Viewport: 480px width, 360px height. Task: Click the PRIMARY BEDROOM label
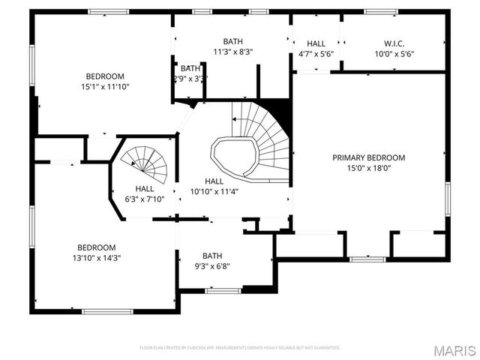368,157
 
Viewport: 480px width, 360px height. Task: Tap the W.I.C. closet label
394,43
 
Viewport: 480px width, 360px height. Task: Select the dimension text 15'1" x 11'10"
104,86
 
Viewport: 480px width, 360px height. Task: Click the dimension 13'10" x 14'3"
96,258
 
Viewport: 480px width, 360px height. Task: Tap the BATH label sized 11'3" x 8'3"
232,41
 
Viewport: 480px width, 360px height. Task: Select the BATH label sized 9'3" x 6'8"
212,255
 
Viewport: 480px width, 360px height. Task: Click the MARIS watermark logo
456,351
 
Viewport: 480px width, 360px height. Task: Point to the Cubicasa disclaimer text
240,348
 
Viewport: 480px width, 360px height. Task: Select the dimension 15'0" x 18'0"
368,169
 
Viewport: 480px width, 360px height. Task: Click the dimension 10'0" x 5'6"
394,53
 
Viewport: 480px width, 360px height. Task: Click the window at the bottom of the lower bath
223,290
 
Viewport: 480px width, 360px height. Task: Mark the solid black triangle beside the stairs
280,111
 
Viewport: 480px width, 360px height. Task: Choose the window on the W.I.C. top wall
380,11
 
